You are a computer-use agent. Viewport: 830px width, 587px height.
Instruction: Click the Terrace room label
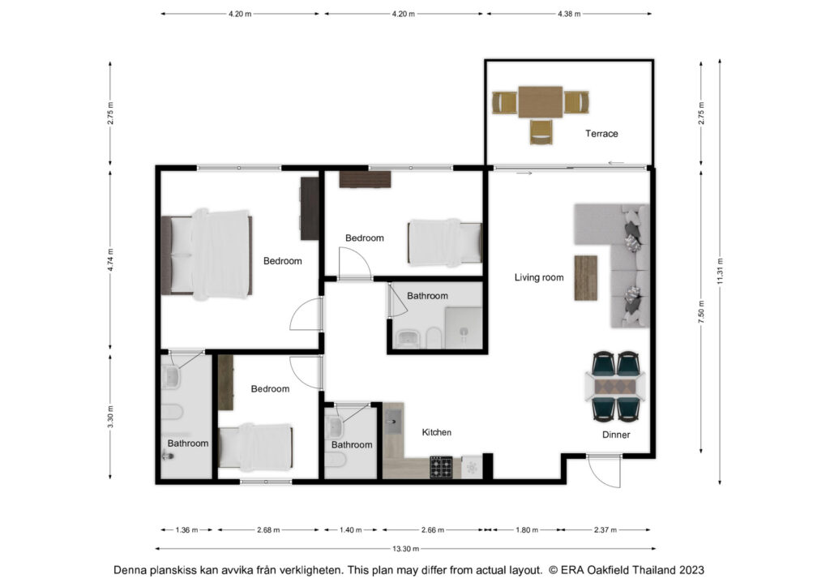(601, 134)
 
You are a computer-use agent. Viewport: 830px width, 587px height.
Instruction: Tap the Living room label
(539, 277)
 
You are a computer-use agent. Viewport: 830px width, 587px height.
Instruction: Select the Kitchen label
(437, 432)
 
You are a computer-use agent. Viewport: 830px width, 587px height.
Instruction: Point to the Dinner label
(616, 435)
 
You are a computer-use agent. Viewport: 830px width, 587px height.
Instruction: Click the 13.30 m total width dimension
(405, 549)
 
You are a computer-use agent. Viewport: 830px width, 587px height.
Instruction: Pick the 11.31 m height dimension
(720, 271)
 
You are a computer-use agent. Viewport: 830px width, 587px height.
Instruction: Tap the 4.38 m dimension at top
(569, 14)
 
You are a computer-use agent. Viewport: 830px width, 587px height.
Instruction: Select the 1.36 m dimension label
(187, 529)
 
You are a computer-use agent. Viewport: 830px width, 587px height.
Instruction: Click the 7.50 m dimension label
(701, 312)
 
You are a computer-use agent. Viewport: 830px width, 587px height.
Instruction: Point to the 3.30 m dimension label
(110, 417)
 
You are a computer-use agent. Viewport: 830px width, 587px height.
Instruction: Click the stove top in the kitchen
(441, 467)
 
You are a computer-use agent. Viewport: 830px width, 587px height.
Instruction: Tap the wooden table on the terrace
(540, 102)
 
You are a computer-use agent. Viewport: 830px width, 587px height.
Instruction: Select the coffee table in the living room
(586, 278)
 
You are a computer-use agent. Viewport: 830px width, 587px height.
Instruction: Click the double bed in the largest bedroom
(207, 255)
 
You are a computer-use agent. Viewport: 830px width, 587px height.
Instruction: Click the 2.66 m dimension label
(433, 529)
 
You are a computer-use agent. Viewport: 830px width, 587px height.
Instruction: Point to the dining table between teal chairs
(616, 387)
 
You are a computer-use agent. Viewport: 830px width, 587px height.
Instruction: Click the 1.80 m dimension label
(527, 529)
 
